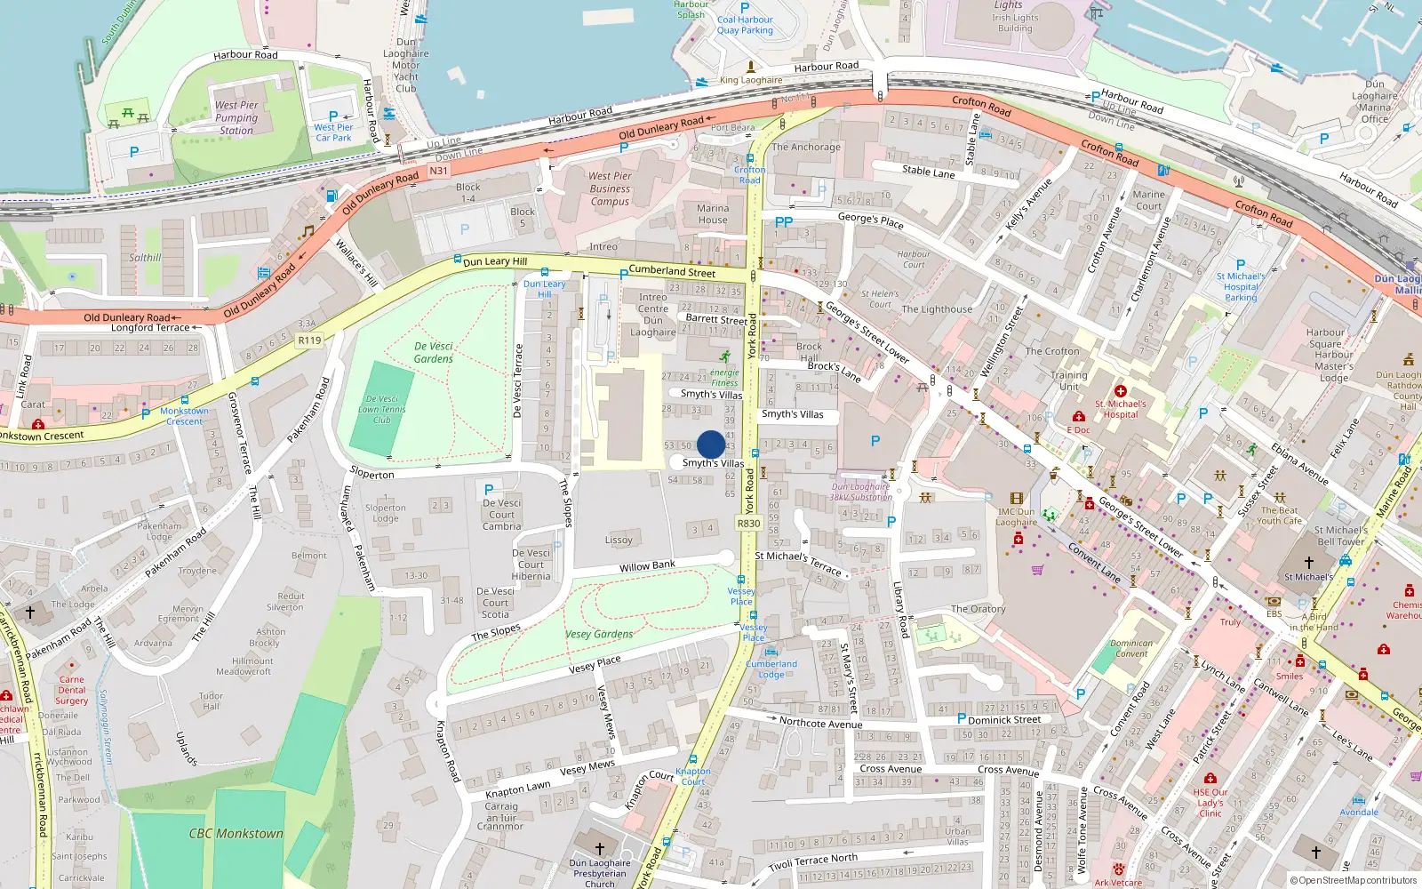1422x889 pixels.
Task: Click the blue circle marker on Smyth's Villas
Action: click(711, 444)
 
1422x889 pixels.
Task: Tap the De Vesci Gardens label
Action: click(434, 353)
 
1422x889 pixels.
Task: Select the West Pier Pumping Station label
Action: click(236, 117)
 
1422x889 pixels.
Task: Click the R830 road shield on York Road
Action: click(748, 524)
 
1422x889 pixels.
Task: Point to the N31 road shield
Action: click(438, 171)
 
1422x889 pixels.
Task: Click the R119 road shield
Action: click(309, 340)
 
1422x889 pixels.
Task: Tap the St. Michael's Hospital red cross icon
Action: click(1121, 391)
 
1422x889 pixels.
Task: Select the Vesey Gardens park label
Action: click(599, 634)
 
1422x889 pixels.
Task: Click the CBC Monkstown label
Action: click(236, 834)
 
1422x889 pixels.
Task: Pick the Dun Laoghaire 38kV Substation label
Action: click(861, 492)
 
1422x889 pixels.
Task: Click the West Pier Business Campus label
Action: click(610, 188)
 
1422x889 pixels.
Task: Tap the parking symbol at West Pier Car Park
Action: click(333, 116)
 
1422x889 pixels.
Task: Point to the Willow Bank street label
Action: click(647, 566)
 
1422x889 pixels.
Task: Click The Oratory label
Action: click(978, 609)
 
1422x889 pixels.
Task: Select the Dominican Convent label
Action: click(1131, 648)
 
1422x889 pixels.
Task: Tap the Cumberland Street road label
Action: click(672, 271)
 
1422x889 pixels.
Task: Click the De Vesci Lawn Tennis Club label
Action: click(382, 409)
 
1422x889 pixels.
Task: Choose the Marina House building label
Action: click(713, 214)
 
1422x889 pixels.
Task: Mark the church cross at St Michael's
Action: click(1308, 562)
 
